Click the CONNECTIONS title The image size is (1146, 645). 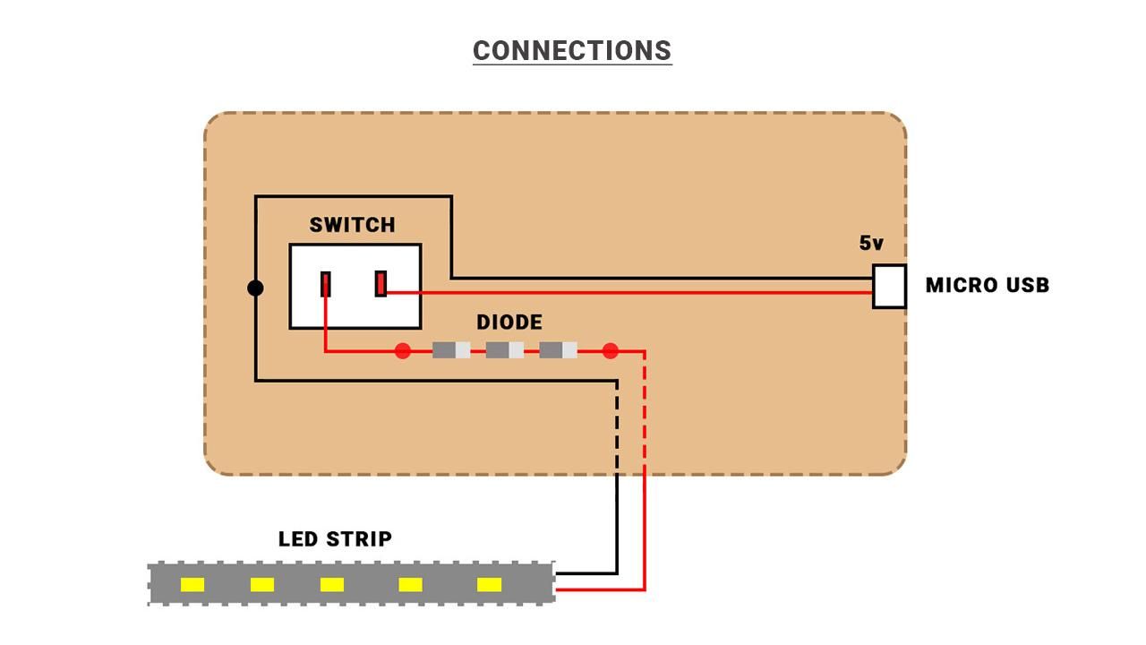tap(572, 51)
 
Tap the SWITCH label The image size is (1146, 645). tap(352, 225)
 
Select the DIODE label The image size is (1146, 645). tap(509, 322)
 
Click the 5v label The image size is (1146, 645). tap(871, 243)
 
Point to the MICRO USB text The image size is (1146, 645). tap(987, 286)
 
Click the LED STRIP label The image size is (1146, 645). tap(335, 539)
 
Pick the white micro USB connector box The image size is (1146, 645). tap(889, 287)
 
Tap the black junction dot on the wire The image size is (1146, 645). tap(255, 288)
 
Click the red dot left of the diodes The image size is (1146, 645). tap(403, 350)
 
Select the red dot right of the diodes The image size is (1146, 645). tap(611, 350)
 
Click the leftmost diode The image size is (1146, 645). tap(451, 350)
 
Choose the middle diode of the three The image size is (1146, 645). tap(505, 350)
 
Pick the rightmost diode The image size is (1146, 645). tap(558, 350)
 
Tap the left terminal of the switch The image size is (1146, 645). tap(326, 284)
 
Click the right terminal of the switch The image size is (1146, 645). tap(381, 284)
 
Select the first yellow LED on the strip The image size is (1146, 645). tap(192, 585)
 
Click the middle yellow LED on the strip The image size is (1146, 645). tap(332, 585)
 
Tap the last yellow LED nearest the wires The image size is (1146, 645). tap(489, 585)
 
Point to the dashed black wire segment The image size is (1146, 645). tap(617, 426)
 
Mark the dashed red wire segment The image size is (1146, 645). tap(645, 412)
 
